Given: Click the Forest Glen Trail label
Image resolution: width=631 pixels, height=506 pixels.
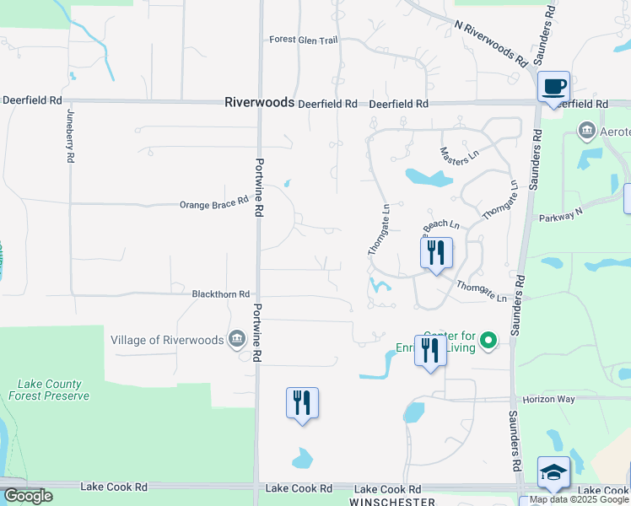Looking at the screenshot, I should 304,40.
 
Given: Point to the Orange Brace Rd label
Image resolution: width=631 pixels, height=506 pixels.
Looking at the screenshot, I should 214,203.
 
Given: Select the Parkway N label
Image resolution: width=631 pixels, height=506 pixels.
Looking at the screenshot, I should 561,215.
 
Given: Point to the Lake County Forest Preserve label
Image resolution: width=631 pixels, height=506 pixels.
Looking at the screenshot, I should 49,389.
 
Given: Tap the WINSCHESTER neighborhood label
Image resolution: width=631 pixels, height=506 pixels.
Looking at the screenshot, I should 393,501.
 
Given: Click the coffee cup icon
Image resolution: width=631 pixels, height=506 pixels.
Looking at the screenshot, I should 554,87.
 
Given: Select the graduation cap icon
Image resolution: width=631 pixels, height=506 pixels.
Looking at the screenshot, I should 553,473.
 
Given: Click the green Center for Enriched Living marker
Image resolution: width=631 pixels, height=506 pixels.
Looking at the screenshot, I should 488,342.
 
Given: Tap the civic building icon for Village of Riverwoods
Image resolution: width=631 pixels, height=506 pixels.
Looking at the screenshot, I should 236,340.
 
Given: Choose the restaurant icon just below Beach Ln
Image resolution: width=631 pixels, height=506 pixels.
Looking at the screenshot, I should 436,253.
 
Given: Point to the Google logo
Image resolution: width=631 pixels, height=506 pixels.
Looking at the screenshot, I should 27,496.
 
